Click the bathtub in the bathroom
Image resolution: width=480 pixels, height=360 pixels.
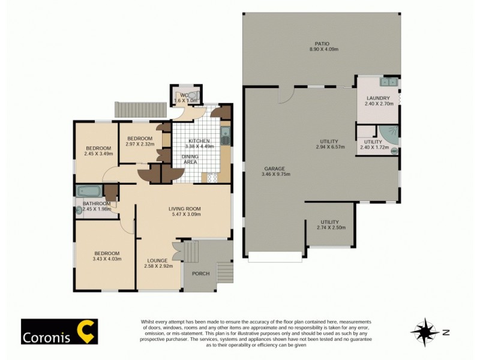click(x=89, y=192)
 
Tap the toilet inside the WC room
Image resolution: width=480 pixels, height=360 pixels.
click(x=193, y=96)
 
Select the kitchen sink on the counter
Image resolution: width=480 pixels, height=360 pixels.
click(x=226, y=136)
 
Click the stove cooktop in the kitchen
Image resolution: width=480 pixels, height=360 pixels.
click(x=212, y=177)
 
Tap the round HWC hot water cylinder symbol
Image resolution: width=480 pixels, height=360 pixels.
click(x=394, y=151)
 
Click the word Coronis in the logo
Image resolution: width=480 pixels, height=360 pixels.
click(x=46, y=337)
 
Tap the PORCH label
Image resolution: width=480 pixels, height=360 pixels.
click(x=200, y=274)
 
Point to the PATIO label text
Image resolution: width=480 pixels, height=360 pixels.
click(x=322, y=44)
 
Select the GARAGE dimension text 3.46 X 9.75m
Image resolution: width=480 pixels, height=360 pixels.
click(x=276, y=175)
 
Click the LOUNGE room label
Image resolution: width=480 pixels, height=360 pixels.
click(x=157, y=260)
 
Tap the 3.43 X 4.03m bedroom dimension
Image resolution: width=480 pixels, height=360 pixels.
click(x=107, y=259)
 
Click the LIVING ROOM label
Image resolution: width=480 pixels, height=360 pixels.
click(x=184, y=209)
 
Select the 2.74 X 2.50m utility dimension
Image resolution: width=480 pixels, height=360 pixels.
click(x=329, y=227)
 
